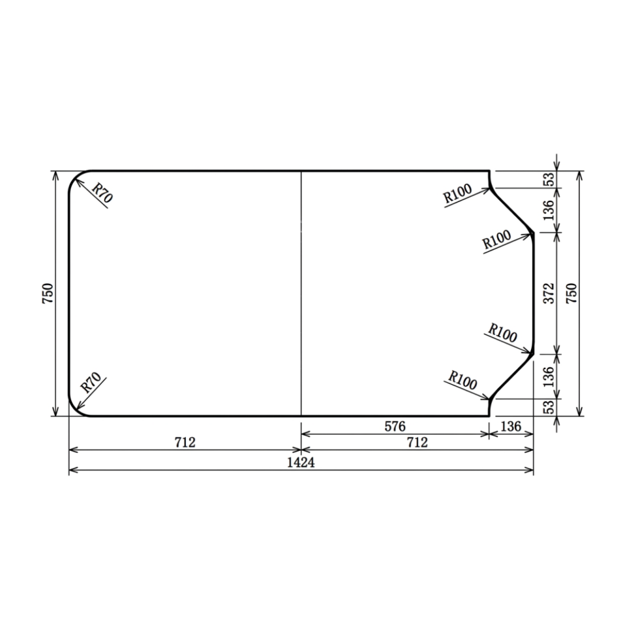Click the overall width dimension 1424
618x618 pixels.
coord(301,462)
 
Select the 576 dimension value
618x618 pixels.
coord(395,426)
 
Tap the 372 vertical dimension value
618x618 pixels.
coord(549,293)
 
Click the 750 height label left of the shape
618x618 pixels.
coord(47,293)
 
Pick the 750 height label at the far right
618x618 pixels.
coord(572,293)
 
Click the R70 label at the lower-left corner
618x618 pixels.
coord(91,383)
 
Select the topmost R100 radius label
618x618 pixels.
coord(458,193)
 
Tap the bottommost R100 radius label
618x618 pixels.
coord(463,380)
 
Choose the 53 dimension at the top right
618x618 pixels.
coord(549,179)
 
